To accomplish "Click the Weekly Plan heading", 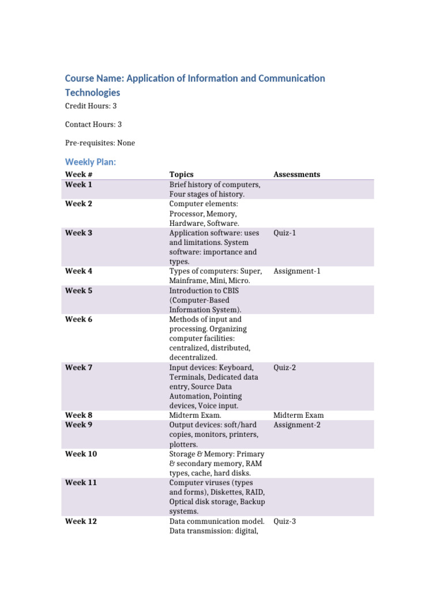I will tap(91, 162).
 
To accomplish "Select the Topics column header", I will tap(181, 175).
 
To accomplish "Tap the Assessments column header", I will tap(296, 175).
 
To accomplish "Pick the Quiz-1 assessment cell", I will tap(284, 233).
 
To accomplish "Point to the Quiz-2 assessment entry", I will tap(284, 368).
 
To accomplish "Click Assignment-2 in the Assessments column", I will tap(296, 425).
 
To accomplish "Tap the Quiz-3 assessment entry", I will tap(284, 521).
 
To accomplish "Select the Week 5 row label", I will tap(78, 291).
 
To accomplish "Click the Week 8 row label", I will tap(78, 415).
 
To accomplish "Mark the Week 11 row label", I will tap(81, 483).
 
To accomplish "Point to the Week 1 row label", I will tap(78, 185).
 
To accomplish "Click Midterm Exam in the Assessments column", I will tap(298, 415).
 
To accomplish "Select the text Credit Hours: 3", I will tap(91, 107).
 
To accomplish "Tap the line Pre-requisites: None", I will tap(100, 143).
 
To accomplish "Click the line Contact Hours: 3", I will tap(93, 124).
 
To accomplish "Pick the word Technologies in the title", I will tap(92, 93).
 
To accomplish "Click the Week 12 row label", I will tap(81, 521).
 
